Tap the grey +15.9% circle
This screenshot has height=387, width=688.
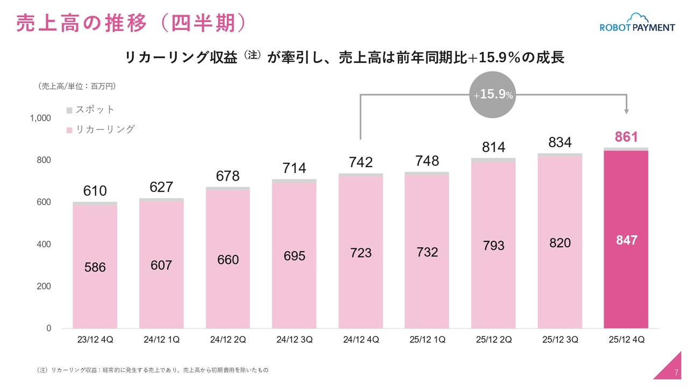click(x=492, y=95)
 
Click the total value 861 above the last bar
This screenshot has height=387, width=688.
click(x=626, y=137)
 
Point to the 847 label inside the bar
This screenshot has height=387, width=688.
click(x=627, y=240)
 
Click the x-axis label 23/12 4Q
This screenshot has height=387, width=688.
click(x=95, y=340)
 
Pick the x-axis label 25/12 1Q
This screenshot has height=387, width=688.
click(x=427, y=340)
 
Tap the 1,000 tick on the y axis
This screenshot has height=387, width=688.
click(x=40, y=118)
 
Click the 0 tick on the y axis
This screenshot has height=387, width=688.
click(x=48, y=328)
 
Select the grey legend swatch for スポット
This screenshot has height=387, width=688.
click(x=69, y=110)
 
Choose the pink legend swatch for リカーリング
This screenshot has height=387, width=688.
click(x=69, y=130)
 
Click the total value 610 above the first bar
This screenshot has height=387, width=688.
click(x=95, y=191)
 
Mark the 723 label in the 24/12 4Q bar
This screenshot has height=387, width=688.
click(x=361, y=253)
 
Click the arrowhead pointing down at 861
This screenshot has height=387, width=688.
click(x=626, y=111)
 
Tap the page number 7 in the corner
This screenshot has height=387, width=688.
click(x=676, y=373)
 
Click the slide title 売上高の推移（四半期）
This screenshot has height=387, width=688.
click(x=132, y=23)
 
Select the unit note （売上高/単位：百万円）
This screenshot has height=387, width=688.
click(x=77, y=86)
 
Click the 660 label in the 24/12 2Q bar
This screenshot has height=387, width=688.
click(x=228, y=260)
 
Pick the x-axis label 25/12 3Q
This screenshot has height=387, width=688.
click(x=560, y=340)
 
